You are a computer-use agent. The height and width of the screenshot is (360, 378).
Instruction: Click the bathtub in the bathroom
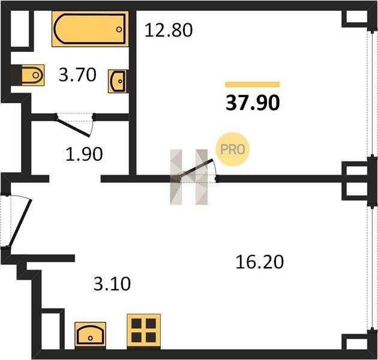pyautogui.click(x=90, y=29)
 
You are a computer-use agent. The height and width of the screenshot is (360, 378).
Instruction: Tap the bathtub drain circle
pyautogui.click(x=119, y=29)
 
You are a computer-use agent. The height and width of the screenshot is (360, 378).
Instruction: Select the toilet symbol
pyautogui.click(x=33, y=75)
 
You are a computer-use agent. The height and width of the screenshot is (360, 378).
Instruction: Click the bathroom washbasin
pyautogui.click(x=118, y=81)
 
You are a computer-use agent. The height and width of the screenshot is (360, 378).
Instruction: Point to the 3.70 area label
pyautogui.click(x=77, y=75)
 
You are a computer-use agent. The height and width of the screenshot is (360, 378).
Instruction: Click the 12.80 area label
pyautogui.click(x=169, y=30)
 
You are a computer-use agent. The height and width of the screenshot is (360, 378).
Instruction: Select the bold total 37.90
pyautogui.click(x=253, y=103)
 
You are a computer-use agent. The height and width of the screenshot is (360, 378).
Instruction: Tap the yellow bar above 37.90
pyautogui.click(x=253, y=84)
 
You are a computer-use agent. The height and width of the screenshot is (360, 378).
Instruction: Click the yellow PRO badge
pyautogui.click(x=232, y=149)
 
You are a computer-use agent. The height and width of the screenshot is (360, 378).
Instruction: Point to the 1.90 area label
pyautogui.click(x=84, y=154)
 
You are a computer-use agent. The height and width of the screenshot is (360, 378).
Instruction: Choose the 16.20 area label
pyautogui.click(x=260, y=262)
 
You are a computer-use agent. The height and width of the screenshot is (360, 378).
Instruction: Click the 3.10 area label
pyautogui.click(x=112, y=284)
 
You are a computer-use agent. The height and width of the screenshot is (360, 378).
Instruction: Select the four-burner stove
pyautogui.click(x=143, y=331)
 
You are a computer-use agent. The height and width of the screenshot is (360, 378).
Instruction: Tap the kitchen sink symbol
pyautogui.click(x=91, y=334)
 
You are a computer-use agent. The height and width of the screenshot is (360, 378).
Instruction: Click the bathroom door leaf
pyautogui.click(x=73, y=127)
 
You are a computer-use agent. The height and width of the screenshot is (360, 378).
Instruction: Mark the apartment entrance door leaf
pyautogui.click(x=20, y=223)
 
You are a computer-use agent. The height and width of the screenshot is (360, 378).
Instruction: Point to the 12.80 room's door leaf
pyautogui.click(x=196, y=169)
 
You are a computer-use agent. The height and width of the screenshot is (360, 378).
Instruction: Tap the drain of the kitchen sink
pyautogui.click(x=91, y=338)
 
